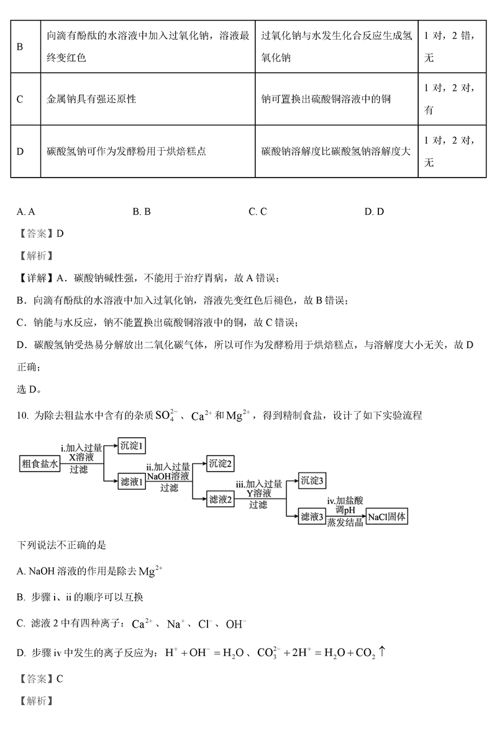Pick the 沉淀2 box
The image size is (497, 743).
click(222, 463)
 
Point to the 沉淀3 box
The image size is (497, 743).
click(312, 480)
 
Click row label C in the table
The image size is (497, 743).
click(20, 99)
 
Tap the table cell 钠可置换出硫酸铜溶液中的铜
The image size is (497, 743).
click(326, 99)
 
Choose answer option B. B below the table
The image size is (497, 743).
click(142, 212)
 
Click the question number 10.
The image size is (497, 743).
click(22, 416)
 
